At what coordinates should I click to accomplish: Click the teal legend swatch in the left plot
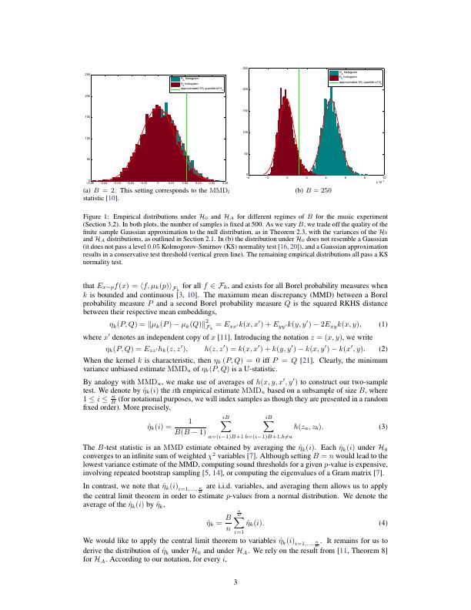(x=175, y=79)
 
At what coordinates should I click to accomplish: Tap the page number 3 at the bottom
(x=235, y=582)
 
